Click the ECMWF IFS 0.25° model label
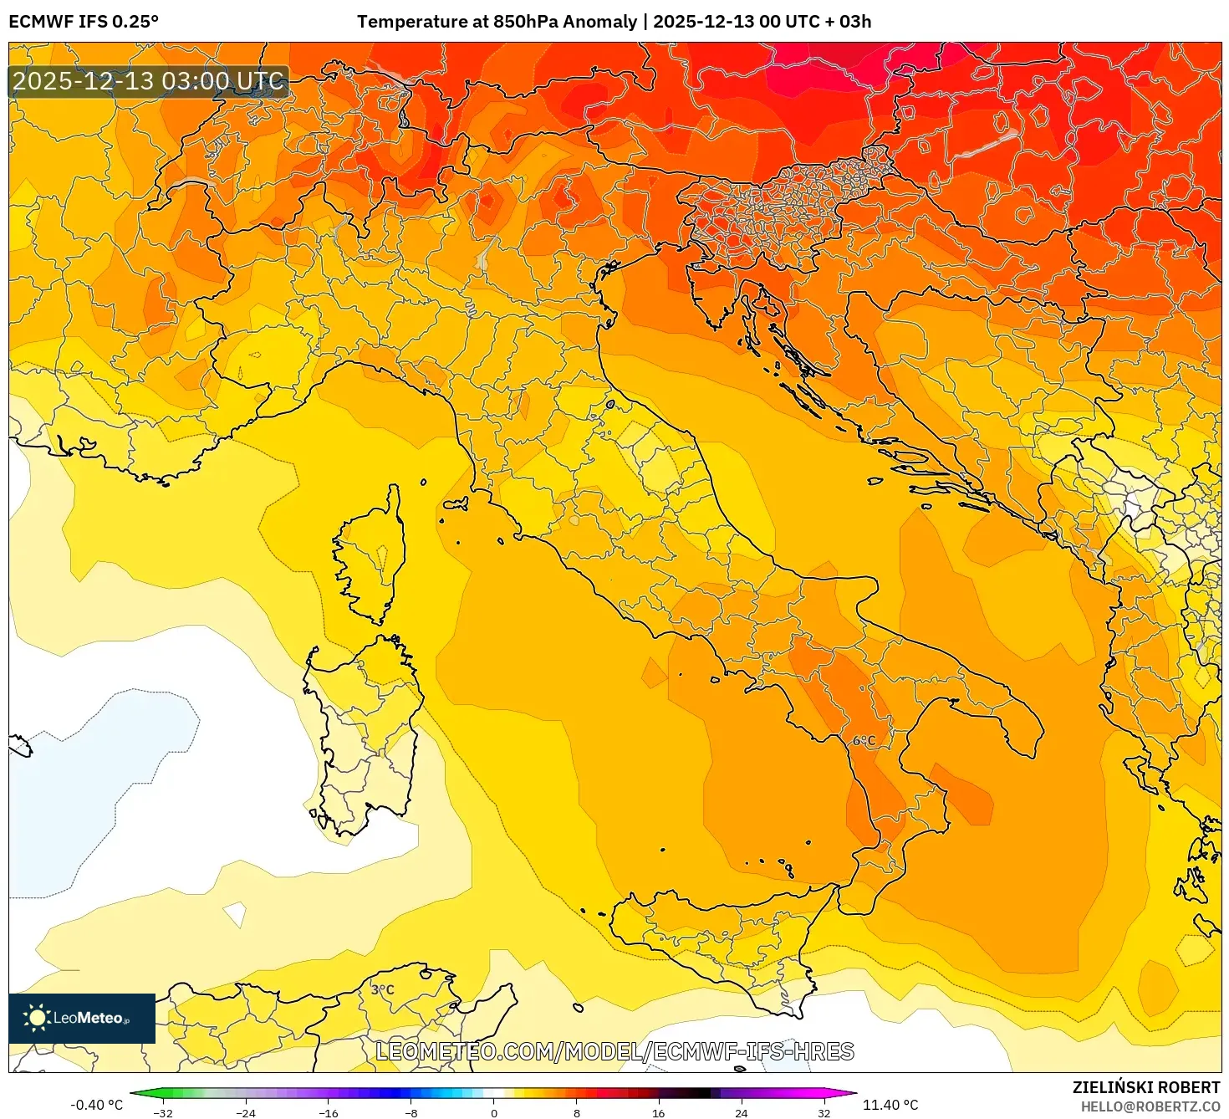(84, 22)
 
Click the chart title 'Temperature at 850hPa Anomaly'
(497, 22)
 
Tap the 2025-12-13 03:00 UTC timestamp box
(149, 81)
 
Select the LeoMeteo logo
(82, 1018)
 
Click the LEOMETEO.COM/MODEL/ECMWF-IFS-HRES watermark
(614, 1051)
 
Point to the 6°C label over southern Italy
(864, 741)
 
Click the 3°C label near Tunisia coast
(382, 989)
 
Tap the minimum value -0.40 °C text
(96, 1105)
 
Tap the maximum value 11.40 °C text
(890, 1105)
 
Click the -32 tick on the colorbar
(164, 1112)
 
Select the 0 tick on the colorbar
(494, 1112)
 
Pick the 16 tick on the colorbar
(659, 1112)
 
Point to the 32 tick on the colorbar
(824, 1112)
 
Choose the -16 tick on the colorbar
(329, 1112)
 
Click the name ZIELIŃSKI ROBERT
(1146, 1087)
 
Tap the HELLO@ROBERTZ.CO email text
(1150, 1106)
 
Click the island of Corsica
(372, 556)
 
